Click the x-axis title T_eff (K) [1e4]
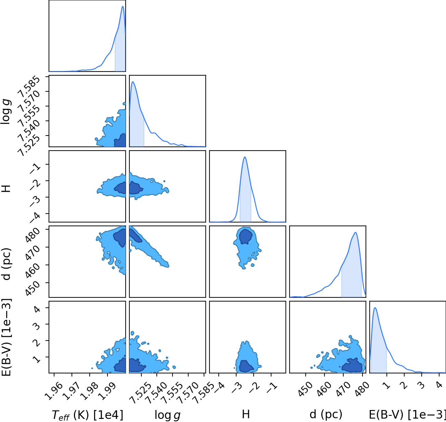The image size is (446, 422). click(x=88, y=415)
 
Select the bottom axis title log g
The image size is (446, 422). click(x=167, y=415)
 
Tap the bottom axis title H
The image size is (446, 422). click(x=246, y=414)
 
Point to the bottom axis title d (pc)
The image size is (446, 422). click(x=326, y=415)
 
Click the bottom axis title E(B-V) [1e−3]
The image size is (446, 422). click(x=407, y=415)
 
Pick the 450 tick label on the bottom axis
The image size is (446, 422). click(x=306, y=389)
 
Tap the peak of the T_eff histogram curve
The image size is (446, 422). click(x=123, y=6)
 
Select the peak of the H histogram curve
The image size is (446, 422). click(x=245, y=157)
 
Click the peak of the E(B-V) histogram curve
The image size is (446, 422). click(x=375, y=308)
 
